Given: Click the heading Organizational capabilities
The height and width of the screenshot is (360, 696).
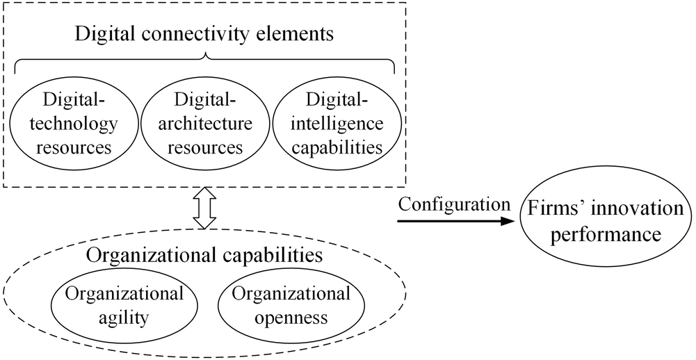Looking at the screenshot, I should click(204, 254).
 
